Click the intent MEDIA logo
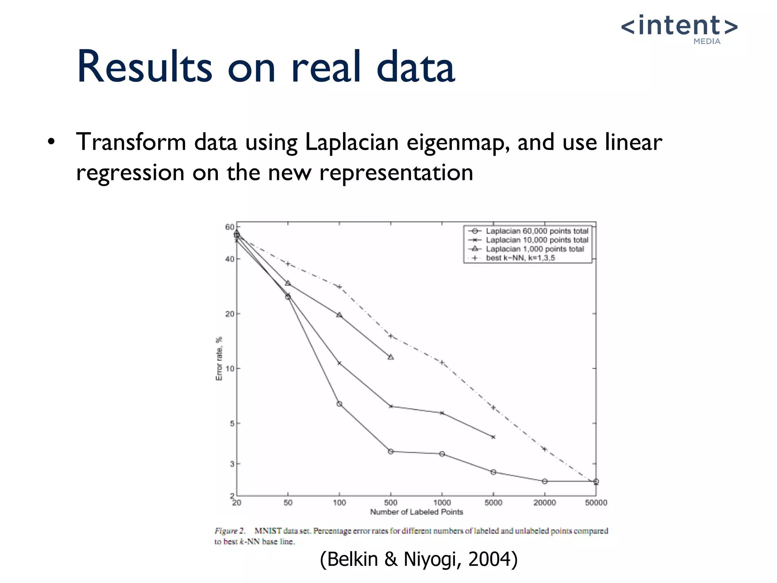click(x=679, y=29)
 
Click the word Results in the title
click(x=144, y=68)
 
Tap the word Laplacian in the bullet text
click(x=351, y=143)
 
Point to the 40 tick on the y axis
click(x=230, y=259)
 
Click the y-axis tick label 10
click(x=230, y=369)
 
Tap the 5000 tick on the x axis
click(x=493, y=503)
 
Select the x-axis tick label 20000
click(x=544, y=503)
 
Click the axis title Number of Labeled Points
click(x=417, y=512)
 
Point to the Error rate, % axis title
click(x=219, y=359)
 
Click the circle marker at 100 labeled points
click(x=339, y=404)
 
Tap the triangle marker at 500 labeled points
click(x=391, y=357)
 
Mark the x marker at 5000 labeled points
click(x=493, y=437)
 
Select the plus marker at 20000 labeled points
click(x=545, y=449)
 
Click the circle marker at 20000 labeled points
click(x=545, y=481)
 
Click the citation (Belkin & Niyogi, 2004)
click(x=418, y=559)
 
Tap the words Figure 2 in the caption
click(x=230, y=531)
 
